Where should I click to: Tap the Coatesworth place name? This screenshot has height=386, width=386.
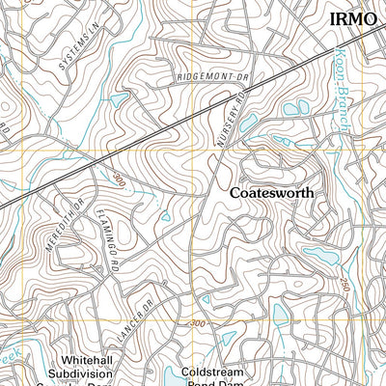click(273, 193)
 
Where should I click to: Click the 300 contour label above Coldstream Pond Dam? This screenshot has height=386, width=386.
click(198, 323)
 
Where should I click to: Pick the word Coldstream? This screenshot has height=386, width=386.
click(218, 371)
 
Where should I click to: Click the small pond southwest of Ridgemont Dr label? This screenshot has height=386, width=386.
click(119, 99)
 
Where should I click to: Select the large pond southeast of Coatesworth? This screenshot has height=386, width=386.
click(317, 255)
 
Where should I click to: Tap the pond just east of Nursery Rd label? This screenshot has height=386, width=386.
click(249, 123)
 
